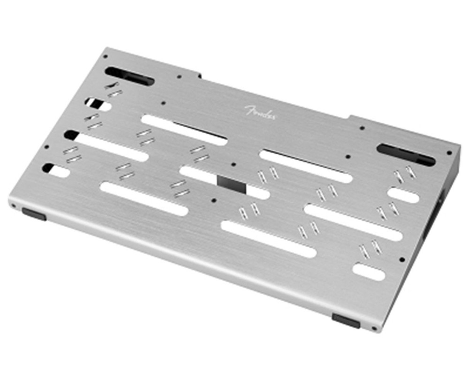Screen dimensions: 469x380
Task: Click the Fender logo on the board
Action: point(260,112)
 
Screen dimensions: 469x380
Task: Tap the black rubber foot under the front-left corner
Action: point(34,214)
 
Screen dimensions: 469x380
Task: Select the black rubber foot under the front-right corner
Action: point(346,320)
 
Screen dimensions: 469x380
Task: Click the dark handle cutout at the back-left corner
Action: point(129,76)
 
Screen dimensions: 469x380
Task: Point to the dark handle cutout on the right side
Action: point(406,154)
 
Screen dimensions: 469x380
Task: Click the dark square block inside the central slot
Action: point(231,184)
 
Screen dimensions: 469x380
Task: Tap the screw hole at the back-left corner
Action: point(105,56)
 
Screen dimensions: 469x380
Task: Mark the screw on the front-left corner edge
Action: point(14,205)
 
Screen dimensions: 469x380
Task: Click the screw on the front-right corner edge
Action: point(374,328)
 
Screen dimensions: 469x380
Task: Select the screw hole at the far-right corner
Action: point(449,153)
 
